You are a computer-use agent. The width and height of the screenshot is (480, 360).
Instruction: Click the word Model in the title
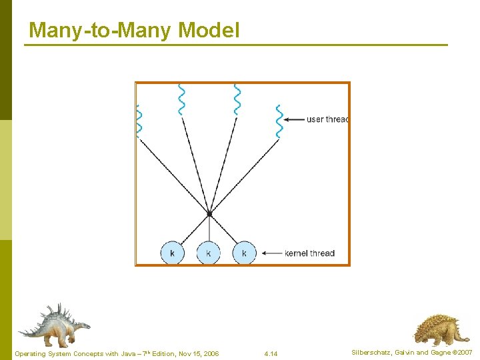click(x=209, y=31)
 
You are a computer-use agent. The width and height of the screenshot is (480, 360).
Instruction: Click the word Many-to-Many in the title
click(x=101, y=31)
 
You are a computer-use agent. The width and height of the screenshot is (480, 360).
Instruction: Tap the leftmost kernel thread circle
click(x=172, y=253)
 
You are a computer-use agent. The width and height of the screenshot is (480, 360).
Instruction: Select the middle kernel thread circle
click(x=209, y=253)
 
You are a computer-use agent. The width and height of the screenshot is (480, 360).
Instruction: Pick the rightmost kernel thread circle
click(x=244, y=253)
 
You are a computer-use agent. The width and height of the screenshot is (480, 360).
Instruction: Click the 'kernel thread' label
click(x=309, y=253)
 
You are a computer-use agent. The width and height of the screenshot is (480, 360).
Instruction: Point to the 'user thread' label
click(x=327, y=119)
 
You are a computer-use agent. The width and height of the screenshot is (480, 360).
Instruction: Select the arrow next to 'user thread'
click(x=293, y=119)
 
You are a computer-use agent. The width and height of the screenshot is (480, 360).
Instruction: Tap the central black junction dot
click(x=209, y=213)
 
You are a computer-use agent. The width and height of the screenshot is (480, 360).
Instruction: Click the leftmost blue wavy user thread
click(x=139, y=121)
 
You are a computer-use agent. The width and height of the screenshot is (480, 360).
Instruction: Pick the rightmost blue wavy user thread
click(x=279, y=121)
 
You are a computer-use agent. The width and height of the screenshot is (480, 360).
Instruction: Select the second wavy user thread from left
click(x=181, y=99)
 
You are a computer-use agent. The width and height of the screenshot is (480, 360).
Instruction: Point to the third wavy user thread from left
click(x=237, y=99)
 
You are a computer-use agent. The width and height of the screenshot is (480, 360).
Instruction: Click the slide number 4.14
click(x=271, y=353)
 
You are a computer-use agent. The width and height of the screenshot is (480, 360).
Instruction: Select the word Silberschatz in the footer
click(x=372, y=353)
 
